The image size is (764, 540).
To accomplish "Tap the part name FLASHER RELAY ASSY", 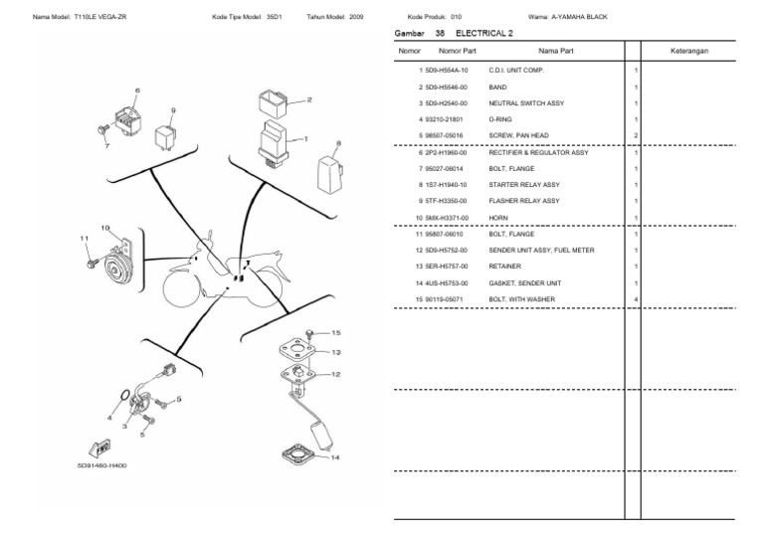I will tap(523, 201).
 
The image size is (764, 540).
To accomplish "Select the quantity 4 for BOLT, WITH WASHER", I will tap(636, 298).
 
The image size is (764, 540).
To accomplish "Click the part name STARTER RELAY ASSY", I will tap(523, 184).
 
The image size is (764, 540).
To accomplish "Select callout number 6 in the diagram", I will tap(137, 90).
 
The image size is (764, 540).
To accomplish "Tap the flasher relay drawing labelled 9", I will tap(167, 135).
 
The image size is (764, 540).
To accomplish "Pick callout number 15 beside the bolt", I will tap(335, 332).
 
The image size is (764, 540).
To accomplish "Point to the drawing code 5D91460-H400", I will tap(101, 465).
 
